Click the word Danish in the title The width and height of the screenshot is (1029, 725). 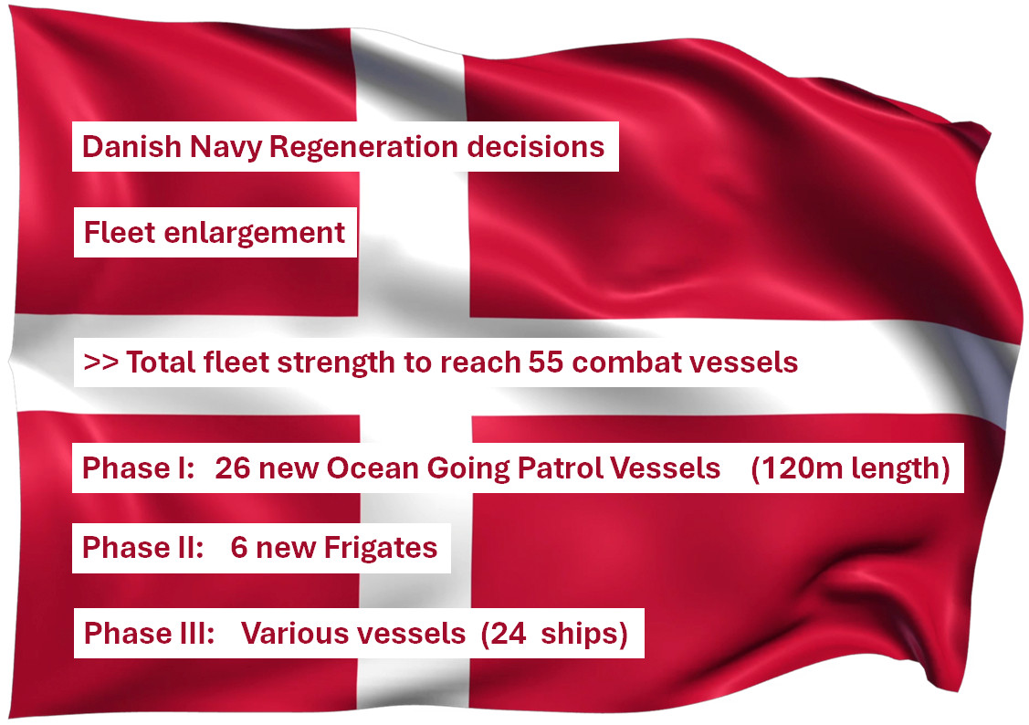(131, 146)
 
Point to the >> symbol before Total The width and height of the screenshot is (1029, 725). (100, 362)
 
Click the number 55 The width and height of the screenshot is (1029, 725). (545, 362)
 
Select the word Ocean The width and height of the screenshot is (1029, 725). (373, 468)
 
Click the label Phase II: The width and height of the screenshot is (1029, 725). (142, 548)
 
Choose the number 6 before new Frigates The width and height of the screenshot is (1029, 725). (239, 548)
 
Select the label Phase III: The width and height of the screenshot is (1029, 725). (149, 633)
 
